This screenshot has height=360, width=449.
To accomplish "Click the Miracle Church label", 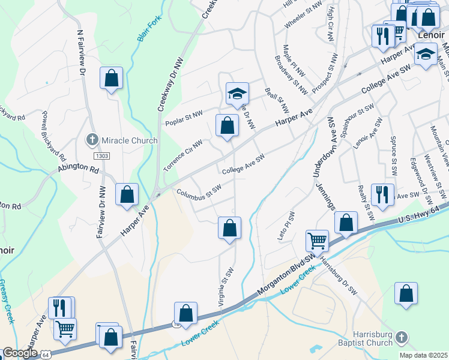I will point(129,140).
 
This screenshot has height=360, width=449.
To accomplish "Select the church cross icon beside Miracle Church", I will point(92,140).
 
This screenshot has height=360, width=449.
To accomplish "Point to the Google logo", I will point(19,353).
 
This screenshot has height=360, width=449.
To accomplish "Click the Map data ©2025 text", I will point(423,355).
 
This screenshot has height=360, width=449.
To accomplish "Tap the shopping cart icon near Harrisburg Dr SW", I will point(317,241).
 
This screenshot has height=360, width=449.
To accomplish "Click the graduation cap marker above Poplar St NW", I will point(237,93).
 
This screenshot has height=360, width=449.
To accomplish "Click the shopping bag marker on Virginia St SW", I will point(229,228).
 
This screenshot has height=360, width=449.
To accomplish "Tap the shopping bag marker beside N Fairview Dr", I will point(111,77).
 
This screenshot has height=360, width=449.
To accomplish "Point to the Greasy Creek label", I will point(6,301).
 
